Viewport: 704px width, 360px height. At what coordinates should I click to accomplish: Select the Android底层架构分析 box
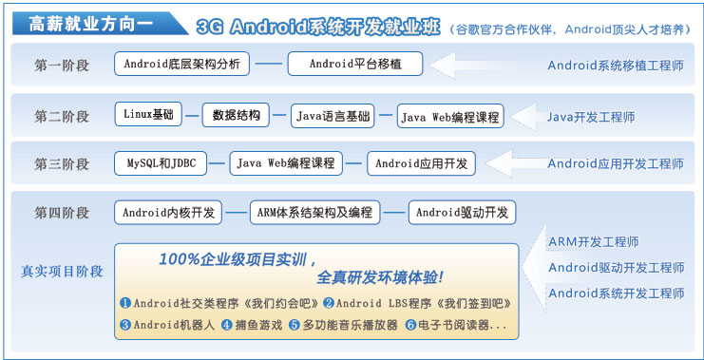[182, 65]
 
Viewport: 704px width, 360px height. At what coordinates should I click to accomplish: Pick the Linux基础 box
[148, 115]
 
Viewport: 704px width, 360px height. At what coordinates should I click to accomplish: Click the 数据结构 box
[237, 116]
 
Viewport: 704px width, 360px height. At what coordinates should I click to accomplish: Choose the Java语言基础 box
[333, 116]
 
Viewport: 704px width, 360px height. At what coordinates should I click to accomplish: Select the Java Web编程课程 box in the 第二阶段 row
[449, 117]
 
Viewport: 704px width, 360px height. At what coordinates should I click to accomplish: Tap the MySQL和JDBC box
[162, 163]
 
